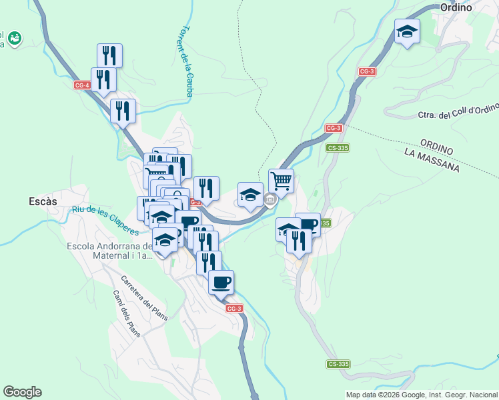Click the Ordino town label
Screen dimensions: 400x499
456,7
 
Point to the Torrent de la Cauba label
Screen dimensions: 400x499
186,62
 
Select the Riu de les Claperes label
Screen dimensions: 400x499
105,221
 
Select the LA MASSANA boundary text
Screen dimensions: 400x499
432,161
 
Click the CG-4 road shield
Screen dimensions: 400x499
82,85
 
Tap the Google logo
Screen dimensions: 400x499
22,392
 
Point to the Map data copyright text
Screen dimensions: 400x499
421,395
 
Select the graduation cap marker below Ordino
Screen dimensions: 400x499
407,31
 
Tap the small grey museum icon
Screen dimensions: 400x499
270,199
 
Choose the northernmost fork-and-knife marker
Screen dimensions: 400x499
109,55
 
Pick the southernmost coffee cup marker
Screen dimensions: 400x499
221,282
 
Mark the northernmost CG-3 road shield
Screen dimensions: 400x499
366,71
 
